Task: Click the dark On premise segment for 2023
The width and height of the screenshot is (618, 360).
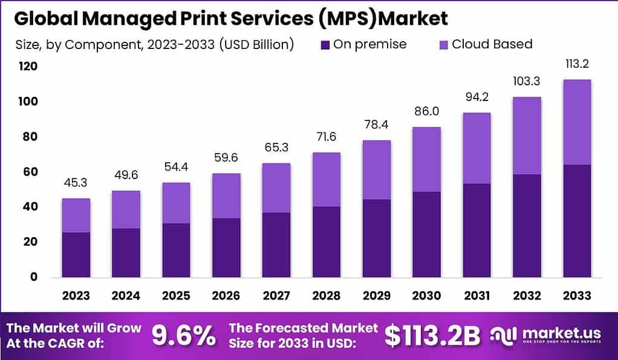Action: coord(76,255)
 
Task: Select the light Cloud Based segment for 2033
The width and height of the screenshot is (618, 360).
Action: coord(576,122)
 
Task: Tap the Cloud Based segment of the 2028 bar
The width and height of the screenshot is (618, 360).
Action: coord(326,179)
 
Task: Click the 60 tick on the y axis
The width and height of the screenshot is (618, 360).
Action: coord(30,172)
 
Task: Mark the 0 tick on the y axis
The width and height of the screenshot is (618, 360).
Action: coord(34,277)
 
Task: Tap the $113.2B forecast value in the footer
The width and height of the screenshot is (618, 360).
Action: coord(432,335)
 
